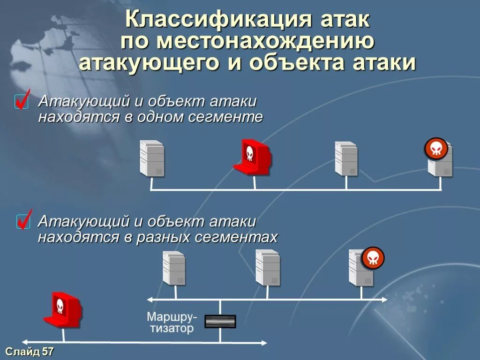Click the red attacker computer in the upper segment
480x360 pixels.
pos(252,157)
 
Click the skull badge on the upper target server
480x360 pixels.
pos(436,149)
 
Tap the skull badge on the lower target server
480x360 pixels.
pos(373,258)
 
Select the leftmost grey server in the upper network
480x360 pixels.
pos(152,158)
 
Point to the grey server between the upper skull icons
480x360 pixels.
pos(346,158)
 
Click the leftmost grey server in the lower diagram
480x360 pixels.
pos(173,268)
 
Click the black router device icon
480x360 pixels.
pos(220,321)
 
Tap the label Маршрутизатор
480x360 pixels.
pos(172,322)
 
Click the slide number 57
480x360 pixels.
pos(48,352)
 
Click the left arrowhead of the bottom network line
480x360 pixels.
pos(25,342)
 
